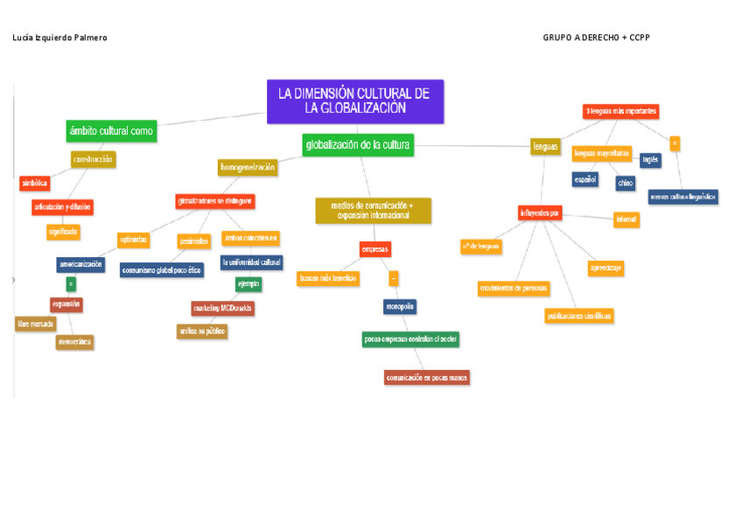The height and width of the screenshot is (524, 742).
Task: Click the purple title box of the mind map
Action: [x=355, y=101]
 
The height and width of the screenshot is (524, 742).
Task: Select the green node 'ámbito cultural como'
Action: [x=111, y=131]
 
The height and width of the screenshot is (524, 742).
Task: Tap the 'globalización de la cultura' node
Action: [x=358, y=144]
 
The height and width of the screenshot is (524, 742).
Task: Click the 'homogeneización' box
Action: [x=248, y=166]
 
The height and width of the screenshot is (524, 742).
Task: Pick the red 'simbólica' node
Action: [x=35, y=183]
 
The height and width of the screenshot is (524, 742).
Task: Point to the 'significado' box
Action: [x=64, y=232]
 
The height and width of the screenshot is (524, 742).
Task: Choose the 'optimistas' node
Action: [x=134, y=239]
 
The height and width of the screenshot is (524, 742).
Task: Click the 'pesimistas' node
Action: [x=193, y=241]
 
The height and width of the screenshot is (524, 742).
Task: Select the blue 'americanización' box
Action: [x=80, y=264]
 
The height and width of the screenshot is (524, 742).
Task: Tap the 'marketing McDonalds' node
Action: [x=223, y=308]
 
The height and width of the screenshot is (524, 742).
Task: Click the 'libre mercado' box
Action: [x=36, y=324]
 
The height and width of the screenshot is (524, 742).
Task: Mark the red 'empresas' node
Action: [x=375, y=249]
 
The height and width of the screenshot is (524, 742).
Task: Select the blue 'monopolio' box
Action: [x=400, y=306]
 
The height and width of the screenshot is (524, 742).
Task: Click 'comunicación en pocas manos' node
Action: [x=427, y=377]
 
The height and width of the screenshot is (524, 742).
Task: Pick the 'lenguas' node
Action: [x=545, y=147]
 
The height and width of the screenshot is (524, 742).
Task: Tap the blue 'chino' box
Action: [x=625, y=183]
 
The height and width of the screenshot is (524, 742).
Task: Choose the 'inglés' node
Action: [x=650, y=160]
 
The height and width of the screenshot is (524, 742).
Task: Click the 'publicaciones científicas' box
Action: [x=579, y=315]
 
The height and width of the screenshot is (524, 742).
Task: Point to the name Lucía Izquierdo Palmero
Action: [x=60, y=38]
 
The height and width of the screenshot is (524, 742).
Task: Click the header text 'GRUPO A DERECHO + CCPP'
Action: [x=596, y=38]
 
